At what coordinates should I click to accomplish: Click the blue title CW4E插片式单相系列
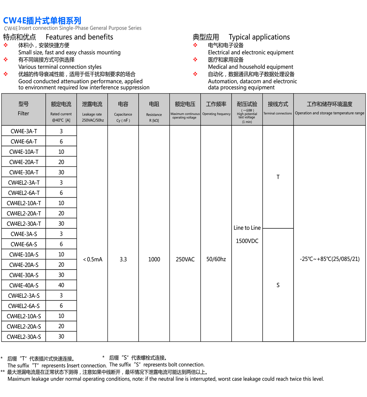tap(42, 20)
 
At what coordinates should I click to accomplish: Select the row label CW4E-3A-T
tap(24, 131)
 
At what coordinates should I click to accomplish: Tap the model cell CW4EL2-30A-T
tap(24, 224)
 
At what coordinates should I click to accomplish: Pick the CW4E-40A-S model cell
tap(24, 285)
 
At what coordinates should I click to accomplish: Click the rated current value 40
tap(61, 285)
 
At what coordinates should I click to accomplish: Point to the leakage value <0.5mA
tap(93, 259)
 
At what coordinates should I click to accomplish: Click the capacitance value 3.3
tap(123, 259)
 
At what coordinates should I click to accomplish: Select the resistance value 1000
tap(154, 259)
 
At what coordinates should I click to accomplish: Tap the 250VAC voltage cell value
tap(185, 259)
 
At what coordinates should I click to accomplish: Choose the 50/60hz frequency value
tap(216, 259)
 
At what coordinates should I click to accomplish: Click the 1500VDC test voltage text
tap(247, 241)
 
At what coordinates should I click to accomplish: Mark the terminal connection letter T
tap(278, 177)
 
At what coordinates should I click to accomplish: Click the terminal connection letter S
tap(278, 285)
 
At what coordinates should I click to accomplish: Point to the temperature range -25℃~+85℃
tap(330, 259)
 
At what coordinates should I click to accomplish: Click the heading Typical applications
tap(259, 37)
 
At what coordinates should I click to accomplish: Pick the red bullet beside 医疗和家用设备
tap(195, 60)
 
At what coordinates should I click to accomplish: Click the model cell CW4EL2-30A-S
tap(24, 337)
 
